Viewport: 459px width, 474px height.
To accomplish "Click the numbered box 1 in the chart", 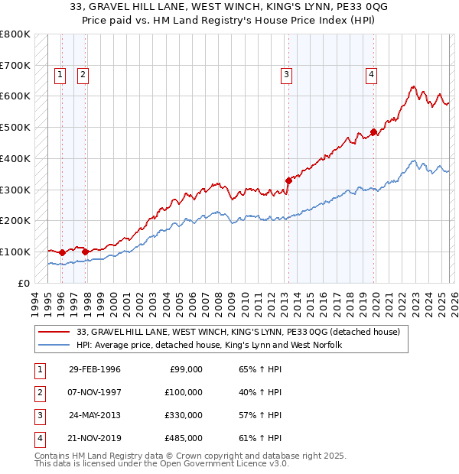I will click(60, 75).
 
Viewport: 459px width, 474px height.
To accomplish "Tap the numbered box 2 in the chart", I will click(82, 75).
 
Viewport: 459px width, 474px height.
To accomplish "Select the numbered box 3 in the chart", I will click(286, 75).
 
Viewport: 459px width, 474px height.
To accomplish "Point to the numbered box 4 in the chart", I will click(371, 75).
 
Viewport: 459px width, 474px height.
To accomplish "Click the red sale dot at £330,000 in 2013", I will click(289, 180).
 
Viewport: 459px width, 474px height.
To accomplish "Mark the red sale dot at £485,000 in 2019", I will click(374, 132).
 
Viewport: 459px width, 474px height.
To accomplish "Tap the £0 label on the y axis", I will click(24, 283).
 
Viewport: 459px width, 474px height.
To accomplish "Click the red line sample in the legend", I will click(54, 332).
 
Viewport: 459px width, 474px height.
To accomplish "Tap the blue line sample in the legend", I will click(54, 345).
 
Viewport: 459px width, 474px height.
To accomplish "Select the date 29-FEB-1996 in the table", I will click(94, 369).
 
